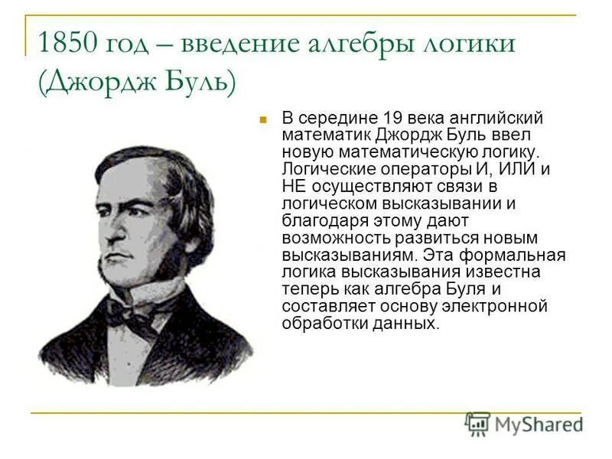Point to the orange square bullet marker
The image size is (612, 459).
coord(262,120)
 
